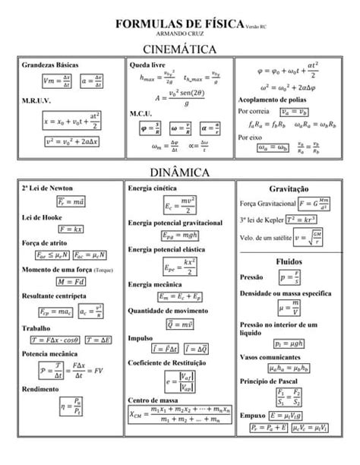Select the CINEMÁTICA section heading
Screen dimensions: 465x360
coord(180,49)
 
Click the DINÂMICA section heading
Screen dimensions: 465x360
coord(180,173)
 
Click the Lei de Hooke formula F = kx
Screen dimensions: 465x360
coord(70,228)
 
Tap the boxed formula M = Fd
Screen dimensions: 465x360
coord(71,281)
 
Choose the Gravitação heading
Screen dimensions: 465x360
coord(288,188)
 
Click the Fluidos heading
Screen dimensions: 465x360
coord(288,261)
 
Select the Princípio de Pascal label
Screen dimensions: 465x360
coord(270,380)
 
